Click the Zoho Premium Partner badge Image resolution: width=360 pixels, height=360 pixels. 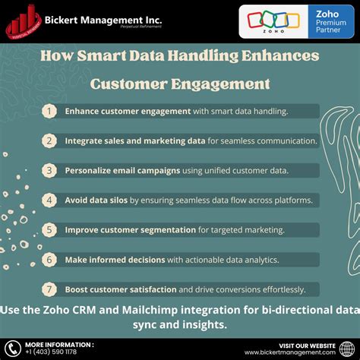click(x=295, y=21)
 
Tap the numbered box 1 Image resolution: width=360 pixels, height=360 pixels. click(x=49, y=111)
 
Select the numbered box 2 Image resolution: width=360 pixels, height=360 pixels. click(x=49, y=141)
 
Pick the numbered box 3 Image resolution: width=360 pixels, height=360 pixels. click(x=49, y=170)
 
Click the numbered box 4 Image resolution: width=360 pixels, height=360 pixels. click(x=49, y=200)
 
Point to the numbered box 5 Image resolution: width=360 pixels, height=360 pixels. click(x=49, y=229)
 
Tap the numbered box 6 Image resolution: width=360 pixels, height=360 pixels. click(x=49, y=259)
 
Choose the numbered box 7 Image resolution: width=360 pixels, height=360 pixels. click(x=49, y=289)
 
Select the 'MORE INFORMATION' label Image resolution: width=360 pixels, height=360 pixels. click(x=59, y=344)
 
